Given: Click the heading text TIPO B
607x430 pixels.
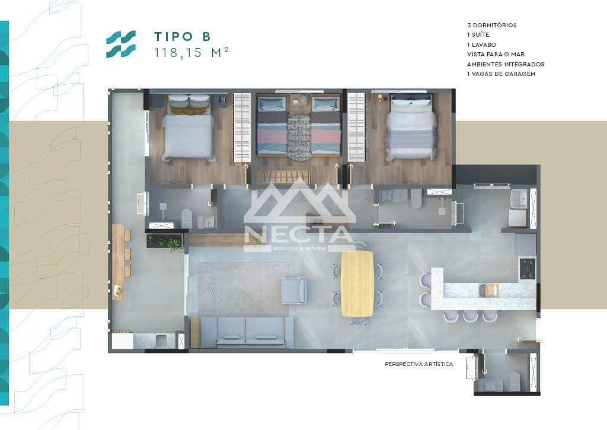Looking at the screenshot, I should click(x=181, y=36).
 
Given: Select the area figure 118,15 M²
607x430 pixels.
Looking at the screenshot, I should click(x=191, y=53).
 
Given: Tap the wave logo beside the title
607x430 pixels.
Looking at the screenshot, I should click(x=120, y=44).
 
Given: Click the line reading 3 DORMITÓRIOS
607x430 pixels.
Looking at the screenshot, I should click(x=491, y=26).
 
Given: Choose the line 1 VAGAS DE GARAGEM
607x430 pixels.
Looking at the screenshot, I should click(x=501, y=74).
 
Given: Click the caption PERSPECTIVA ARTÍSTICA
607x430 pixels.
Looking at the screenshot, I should click(x=418, y=364).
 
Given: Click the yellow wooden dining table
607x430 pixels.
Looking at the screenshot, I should click(x=357, y=283).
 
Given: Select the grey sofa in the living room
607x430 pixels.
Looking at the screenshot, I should click(x=247, y=332).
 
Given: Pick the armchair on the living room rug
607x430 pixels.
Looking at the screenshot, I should click(x=293, y=290).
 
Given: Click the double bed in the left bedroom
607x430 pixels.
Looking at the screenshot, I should click(x=188, y=135).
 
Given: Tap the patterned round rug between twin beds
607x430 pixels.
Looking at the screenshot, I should click(x=299, y=138).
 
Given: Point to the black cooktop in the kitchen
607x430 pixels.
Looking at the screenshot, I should click(x=526, y=268).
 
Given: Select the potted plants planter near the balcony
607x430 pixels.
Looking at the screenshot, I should click(x=164, y=241).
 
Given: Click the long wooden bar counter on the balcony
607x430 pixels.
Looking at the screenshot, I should click(x=119, y=261).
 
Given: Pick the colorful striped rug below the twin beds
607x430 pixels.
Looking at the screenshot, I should click(x=283, y=177).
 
